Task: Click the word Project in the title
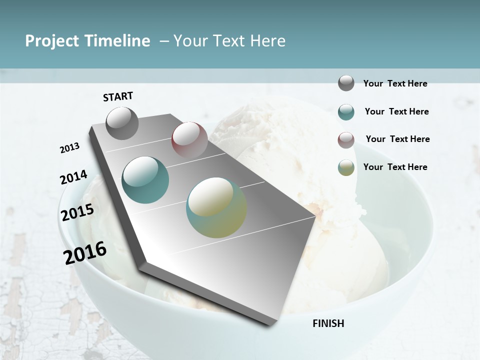pyautogui.click(x=51, y=41)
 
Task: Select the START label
pyautogui.click(x=118, y=96)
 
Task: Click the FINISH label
pyautogui.click(x=328, y=323)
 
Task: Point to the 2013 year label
pyautogui.click(x=70, y=148)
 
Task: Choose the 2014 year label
pyautogui.click(x=73, y=177)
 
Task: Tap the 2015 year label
pyautogui.click(x=77, y=213)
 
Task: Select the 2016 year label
pyautogui.click(x=85, y=252)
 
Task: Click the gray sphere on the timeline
pyautogui.click(x=122, y=123)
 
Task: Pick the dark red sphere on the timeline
pyautogui.click(x=189, y=139)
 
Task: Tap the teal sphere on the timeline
pyautogui.click(x=145, y=179)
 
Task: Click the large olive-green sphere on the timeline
pyautogui.click(x=216, y=207)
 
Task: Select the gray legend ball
pyautogui.click(x=346, y=83)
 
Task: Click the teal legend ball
pyautogui.click(x=346, y=112)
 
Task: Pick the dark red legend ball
pyautogui.click(x=346, y=140)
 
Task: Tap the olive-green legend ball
pyautogui.click(x=346, y=167)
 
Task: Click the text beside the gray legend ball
pyautogui.click(x=395, y=83)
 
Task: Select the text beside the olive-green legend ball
pyautogui.click(x=395, y=167)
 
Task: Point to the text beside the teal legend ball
pyautogui.click(x=396, y=111)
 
